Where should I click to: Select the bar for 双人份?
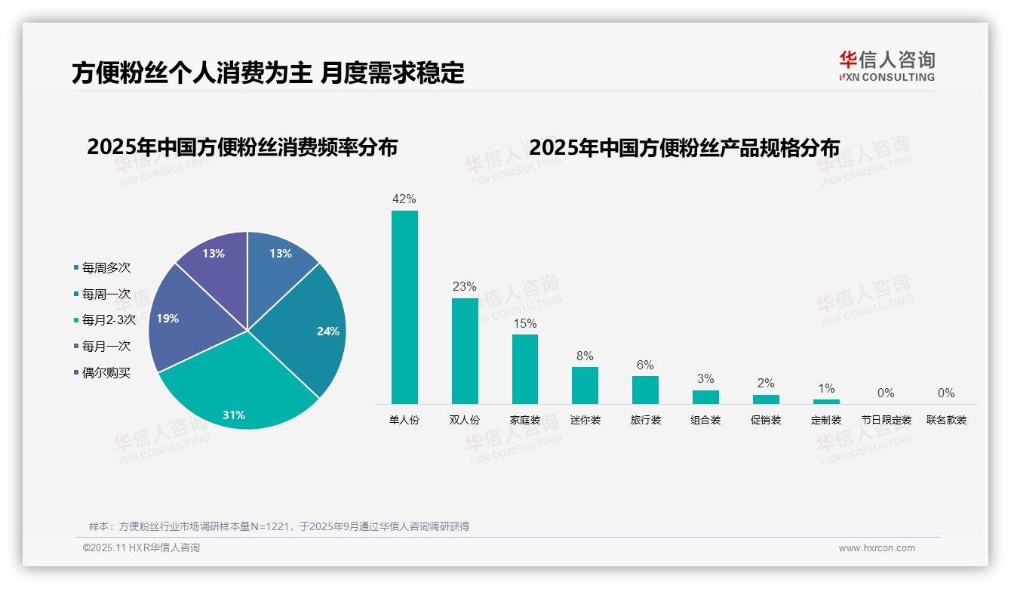pyautogui.click(x=465, y=350)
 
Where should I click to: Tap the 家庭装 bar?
pyautogui.click(x=525, y=369)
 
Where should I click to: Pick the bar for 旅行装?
pyautogui.click(x=645, y=390)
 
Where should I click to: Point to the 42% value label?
pyautogui.click(x=404, y=199)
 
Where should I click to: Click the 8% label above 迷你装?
pyautogui.click(x=585, y=356)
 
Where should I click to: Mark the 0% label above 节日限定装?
pyautogui.click(x=886, y=393)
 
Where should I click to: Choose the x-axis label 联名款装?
pyautogui.click(x=946, y=420)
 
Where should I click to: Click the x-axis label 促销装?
pyautogui.click(x=766, y=420)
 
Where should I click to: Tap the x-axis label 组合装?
pyautogui.click(x=705, y=420)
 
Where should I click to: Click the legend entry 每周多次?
pyautogui.click(x=106, y=268)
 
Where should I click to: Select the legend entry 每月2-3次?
pyautogui.click(x=108, y=320)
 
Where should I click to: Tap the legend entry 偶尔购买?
pyautogui.click(x=106, y=373)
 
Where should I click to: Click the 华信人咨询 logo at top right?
pyautogui.click(x=887, y=66)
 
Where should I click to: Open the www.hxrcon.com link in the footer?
pyautogui.click(x=877, y=548)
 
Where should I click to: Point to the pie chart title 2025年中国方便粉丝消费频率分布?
pyautogui.click(x=242, y=147)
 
